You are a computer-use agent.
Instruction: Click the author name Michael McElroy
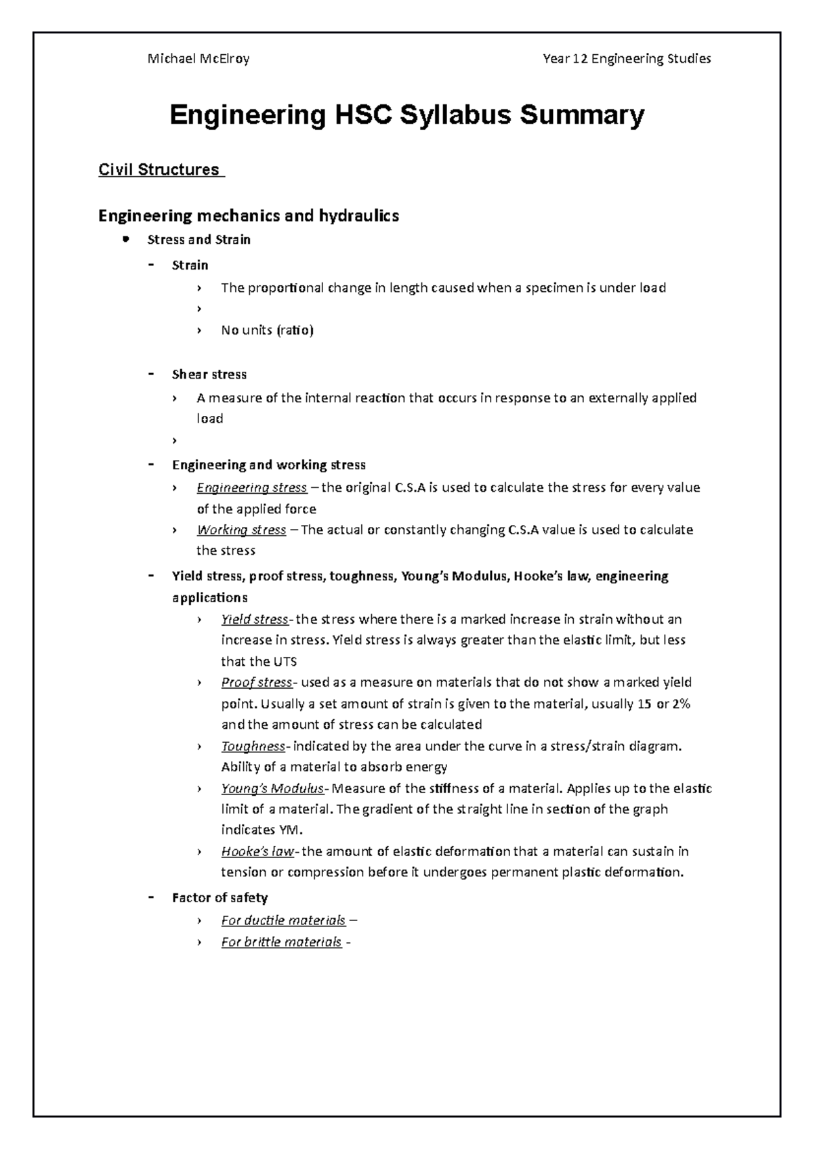[x=199, y=59]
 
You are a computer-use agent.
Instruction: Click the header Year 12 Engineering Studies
[x=627, y=59]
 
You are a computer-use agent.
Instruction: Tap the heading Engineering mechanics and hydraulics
[x=249, y=216]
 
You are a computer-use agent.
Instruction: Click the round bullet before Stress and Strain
[x=125, y=239]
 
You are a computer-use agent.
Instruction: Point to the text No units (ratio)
[x=267, y=331]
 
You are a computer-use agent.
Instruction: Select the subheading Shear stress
[x=209, y=375]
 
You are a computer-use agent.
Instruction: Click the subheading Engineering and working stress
[x=268, y=465]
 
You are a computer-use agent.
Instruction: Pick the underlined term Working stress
[x=241, y=530]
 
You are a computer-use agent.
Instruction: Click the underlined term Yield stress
[x=255, y=620]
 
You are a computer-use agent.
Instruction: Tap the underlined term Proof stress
[x=256, y=683]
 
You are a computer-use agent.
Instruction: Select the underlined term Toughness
[x=253, y=746]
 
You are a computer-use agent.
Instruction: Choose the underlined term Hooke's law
[x=257, y=852]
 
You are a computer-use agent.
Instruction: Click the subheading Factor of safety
[x=220, y=898]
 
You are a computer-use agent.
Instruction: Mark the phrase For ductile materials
[x=283, y=920]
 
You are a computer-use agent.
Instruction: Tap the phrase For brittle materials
[x=281, y=942]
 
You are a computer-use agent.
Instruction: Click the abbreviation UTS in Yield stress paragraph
[x=285, y=662]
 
